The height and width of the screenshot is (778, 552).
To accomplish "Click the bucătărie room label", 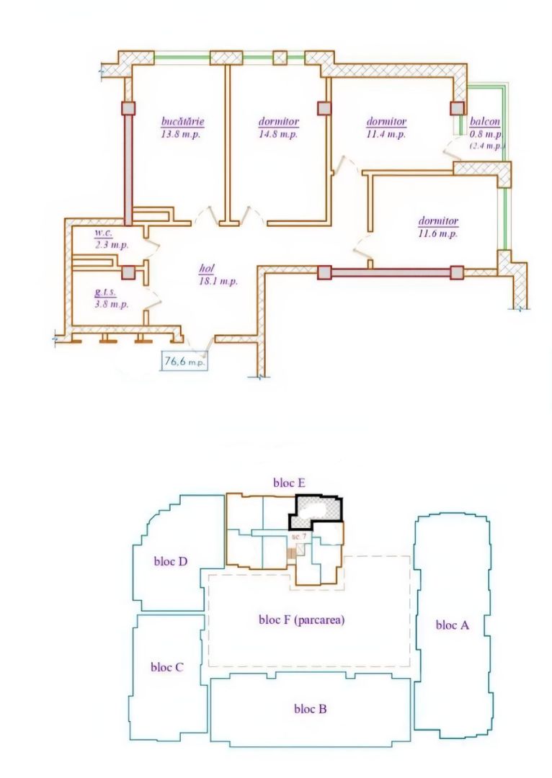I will (181, 122).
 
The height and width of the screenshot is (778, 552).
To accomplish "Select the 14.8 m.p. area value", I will (278, 134).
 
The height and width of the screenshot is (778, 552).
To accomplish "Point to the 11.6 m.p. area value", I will (437, 233).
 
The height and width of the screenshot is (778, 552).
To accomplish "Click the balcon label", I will (485, 122).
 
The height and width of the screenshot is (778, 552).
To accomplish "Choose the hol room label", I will (208, 268).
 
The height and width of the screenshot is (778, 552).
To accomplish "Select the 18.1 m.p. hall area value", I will (219, 280).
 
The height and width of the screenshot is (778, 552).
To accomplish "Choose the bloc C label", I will (167, 666).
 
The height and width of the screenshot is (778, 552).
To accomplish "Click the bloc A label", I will (453, 625).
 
